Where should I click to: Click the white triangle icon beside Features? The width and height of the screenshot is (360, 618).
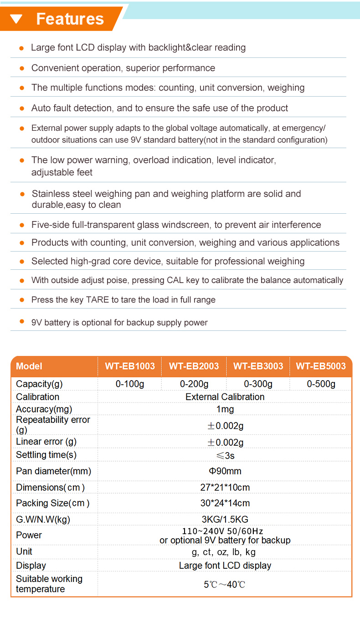pyautogui.click(x=16, y=19)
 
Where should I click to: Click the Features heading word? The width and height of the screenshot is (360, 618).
pyautogui.click(x=70, y=19)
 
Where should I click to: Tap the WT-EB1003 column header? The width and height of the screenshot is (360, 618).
pyautogui.click(x=130, y=366)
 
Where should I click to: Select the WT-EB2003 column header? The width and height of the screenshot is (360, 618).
pyautogui.click(x=194, y=366)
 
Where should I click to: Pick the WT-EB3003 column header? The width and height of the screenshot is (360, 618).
pyautogui.click(x=258, y=366)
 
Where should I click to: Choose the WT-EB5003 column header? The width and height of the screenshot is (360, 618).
pyautogui.click(x=321, y=366)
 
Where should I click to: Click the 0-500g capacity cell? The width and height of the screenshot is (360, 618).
pyautogui.click(x=321, y=384)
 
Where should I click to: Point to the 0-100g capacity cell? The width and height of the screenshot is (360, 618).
pyautogui.click(x=130, y=384)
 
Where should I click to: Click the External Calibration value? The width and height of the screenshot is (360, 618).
pyautogui.click(x=225, y=397)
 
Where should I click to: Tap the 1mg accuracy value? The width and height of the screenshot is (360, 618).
pyautogui.click(x=225, y=409)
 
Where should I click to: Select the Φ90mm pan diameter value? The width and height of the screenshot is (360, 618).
pyautogui.click(x=225, y=471)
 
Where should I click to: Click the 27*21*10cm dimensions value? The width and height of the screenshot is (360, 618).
pyautogui.click(x=225, y=487)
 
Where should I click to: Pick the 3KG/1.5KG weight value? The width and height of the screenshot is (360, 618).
pyautogui.click(x=225, y=519)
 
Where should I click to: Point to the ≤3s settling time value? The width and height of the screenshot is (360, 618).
pyautogui.click(x=225, y=455)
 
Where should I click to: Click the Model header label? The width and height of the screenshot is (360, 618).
pyautogui.click(x=29, y=366)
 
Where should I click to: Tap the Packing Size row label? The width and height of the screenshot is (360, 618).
pyautogui.click(x=52, y=503)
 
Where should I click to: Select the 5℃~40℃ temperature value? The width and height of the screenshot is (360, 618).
pyautogui.click(x=225, y=584)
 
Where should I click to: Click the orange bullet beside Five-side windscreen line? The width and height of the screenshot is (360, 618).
pyautogui.click(x=21, y=225)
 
